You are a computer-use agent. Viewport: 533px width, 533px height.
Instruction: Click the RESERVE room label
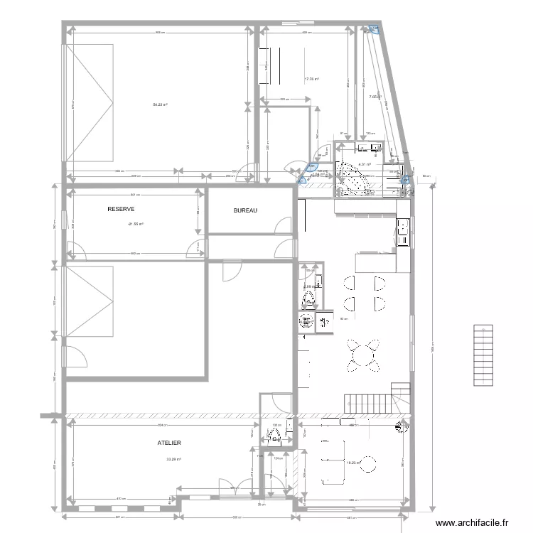pos(121,209)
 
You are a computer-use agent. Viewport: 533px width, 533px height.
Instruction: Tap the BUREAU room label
pos(245,211)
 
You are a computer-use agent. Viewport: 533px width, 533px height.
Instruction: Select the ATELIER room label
pos(169,443)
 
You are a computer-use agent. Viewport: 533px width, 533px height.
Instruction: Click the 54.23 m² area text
pos(160,104)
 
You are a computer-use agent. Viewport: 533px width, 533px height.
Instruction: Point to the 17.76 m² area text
pos(311,79)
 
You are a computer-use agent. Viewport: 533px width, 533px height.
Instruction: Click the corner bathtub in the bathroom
pos(353,178)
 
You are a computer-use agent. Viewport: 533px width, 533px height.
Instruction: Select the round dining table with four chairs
pos(362,354)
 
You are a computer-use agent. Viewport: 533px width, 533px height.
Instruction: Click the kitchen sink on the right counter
pos(404,227)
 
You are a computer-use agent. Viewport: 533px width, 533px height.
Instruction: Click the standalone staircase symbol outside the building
pos(483,355)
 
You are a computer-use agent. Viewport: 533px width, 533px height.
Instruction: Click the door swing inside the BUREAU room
pos(283,225)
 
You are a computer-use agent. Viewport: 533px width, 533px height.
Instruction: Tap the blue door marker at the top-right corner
pos(374,29)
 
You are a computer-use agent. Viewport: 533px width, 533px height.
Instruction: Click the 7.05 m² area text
pos(375,97)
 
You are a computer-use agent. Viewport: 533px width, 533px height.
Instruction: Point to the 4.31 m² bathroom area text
pos(365,164)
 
